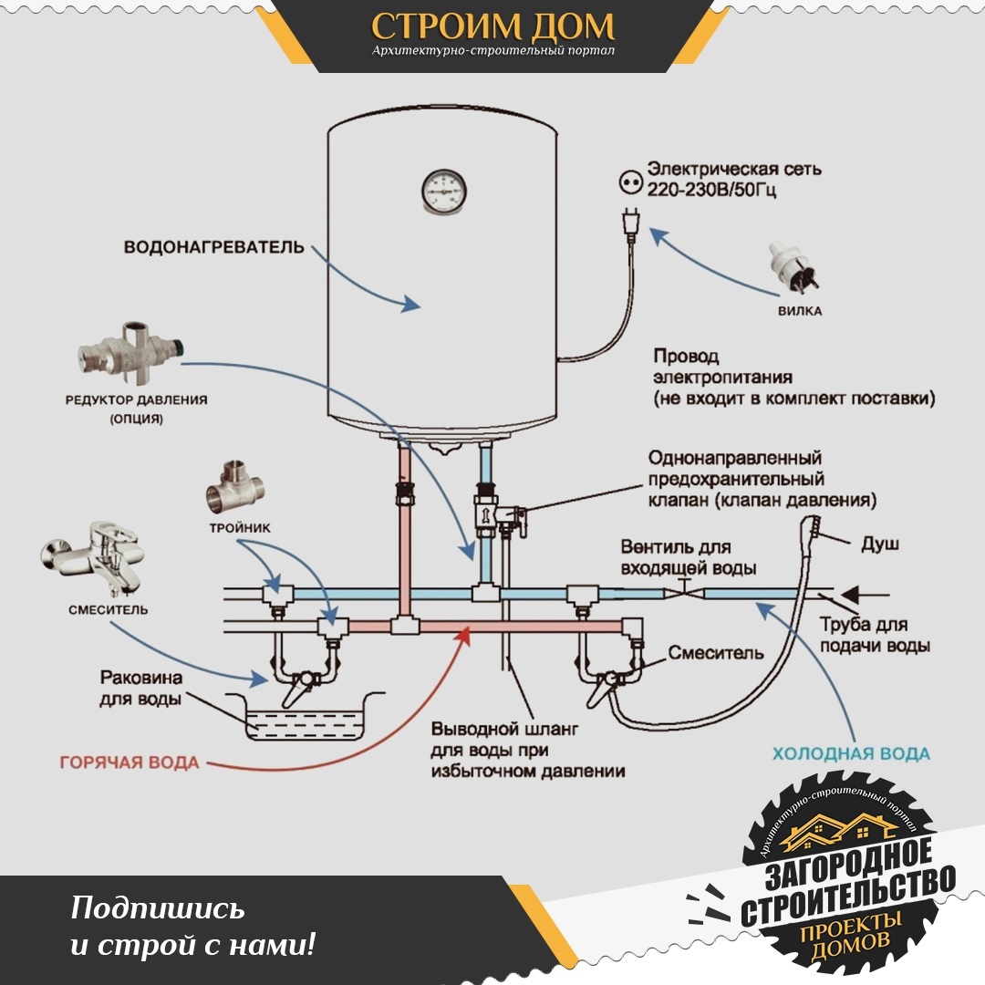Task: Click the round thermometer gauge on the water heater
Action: tap(444, 190)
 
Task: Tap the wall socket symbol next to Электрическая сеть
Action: tap(631, 182)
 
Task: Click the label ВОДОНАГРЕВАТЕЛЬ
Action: tap(213, 247)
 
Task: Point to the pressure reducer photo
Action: tap(132, 354)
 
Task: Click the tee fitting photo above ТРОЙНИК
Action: tap(234, 489)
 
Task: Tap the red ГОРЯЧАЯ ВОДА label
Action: tap(130, 762)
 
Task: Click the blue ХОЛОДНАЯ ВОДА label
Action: tap(851, 753)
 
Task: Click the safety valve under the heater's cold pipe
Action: tap(495, 513)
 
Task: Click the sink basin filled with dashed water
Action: tap(305, 716)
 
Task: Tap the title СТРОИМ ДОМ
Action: tap(493, 26)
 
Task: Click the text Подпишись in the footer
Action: tap(158, 909)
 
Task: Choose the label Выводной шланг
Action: tap(504, 729)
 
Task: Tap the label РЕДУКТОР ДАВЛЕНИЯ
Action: tap(136, 400)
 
